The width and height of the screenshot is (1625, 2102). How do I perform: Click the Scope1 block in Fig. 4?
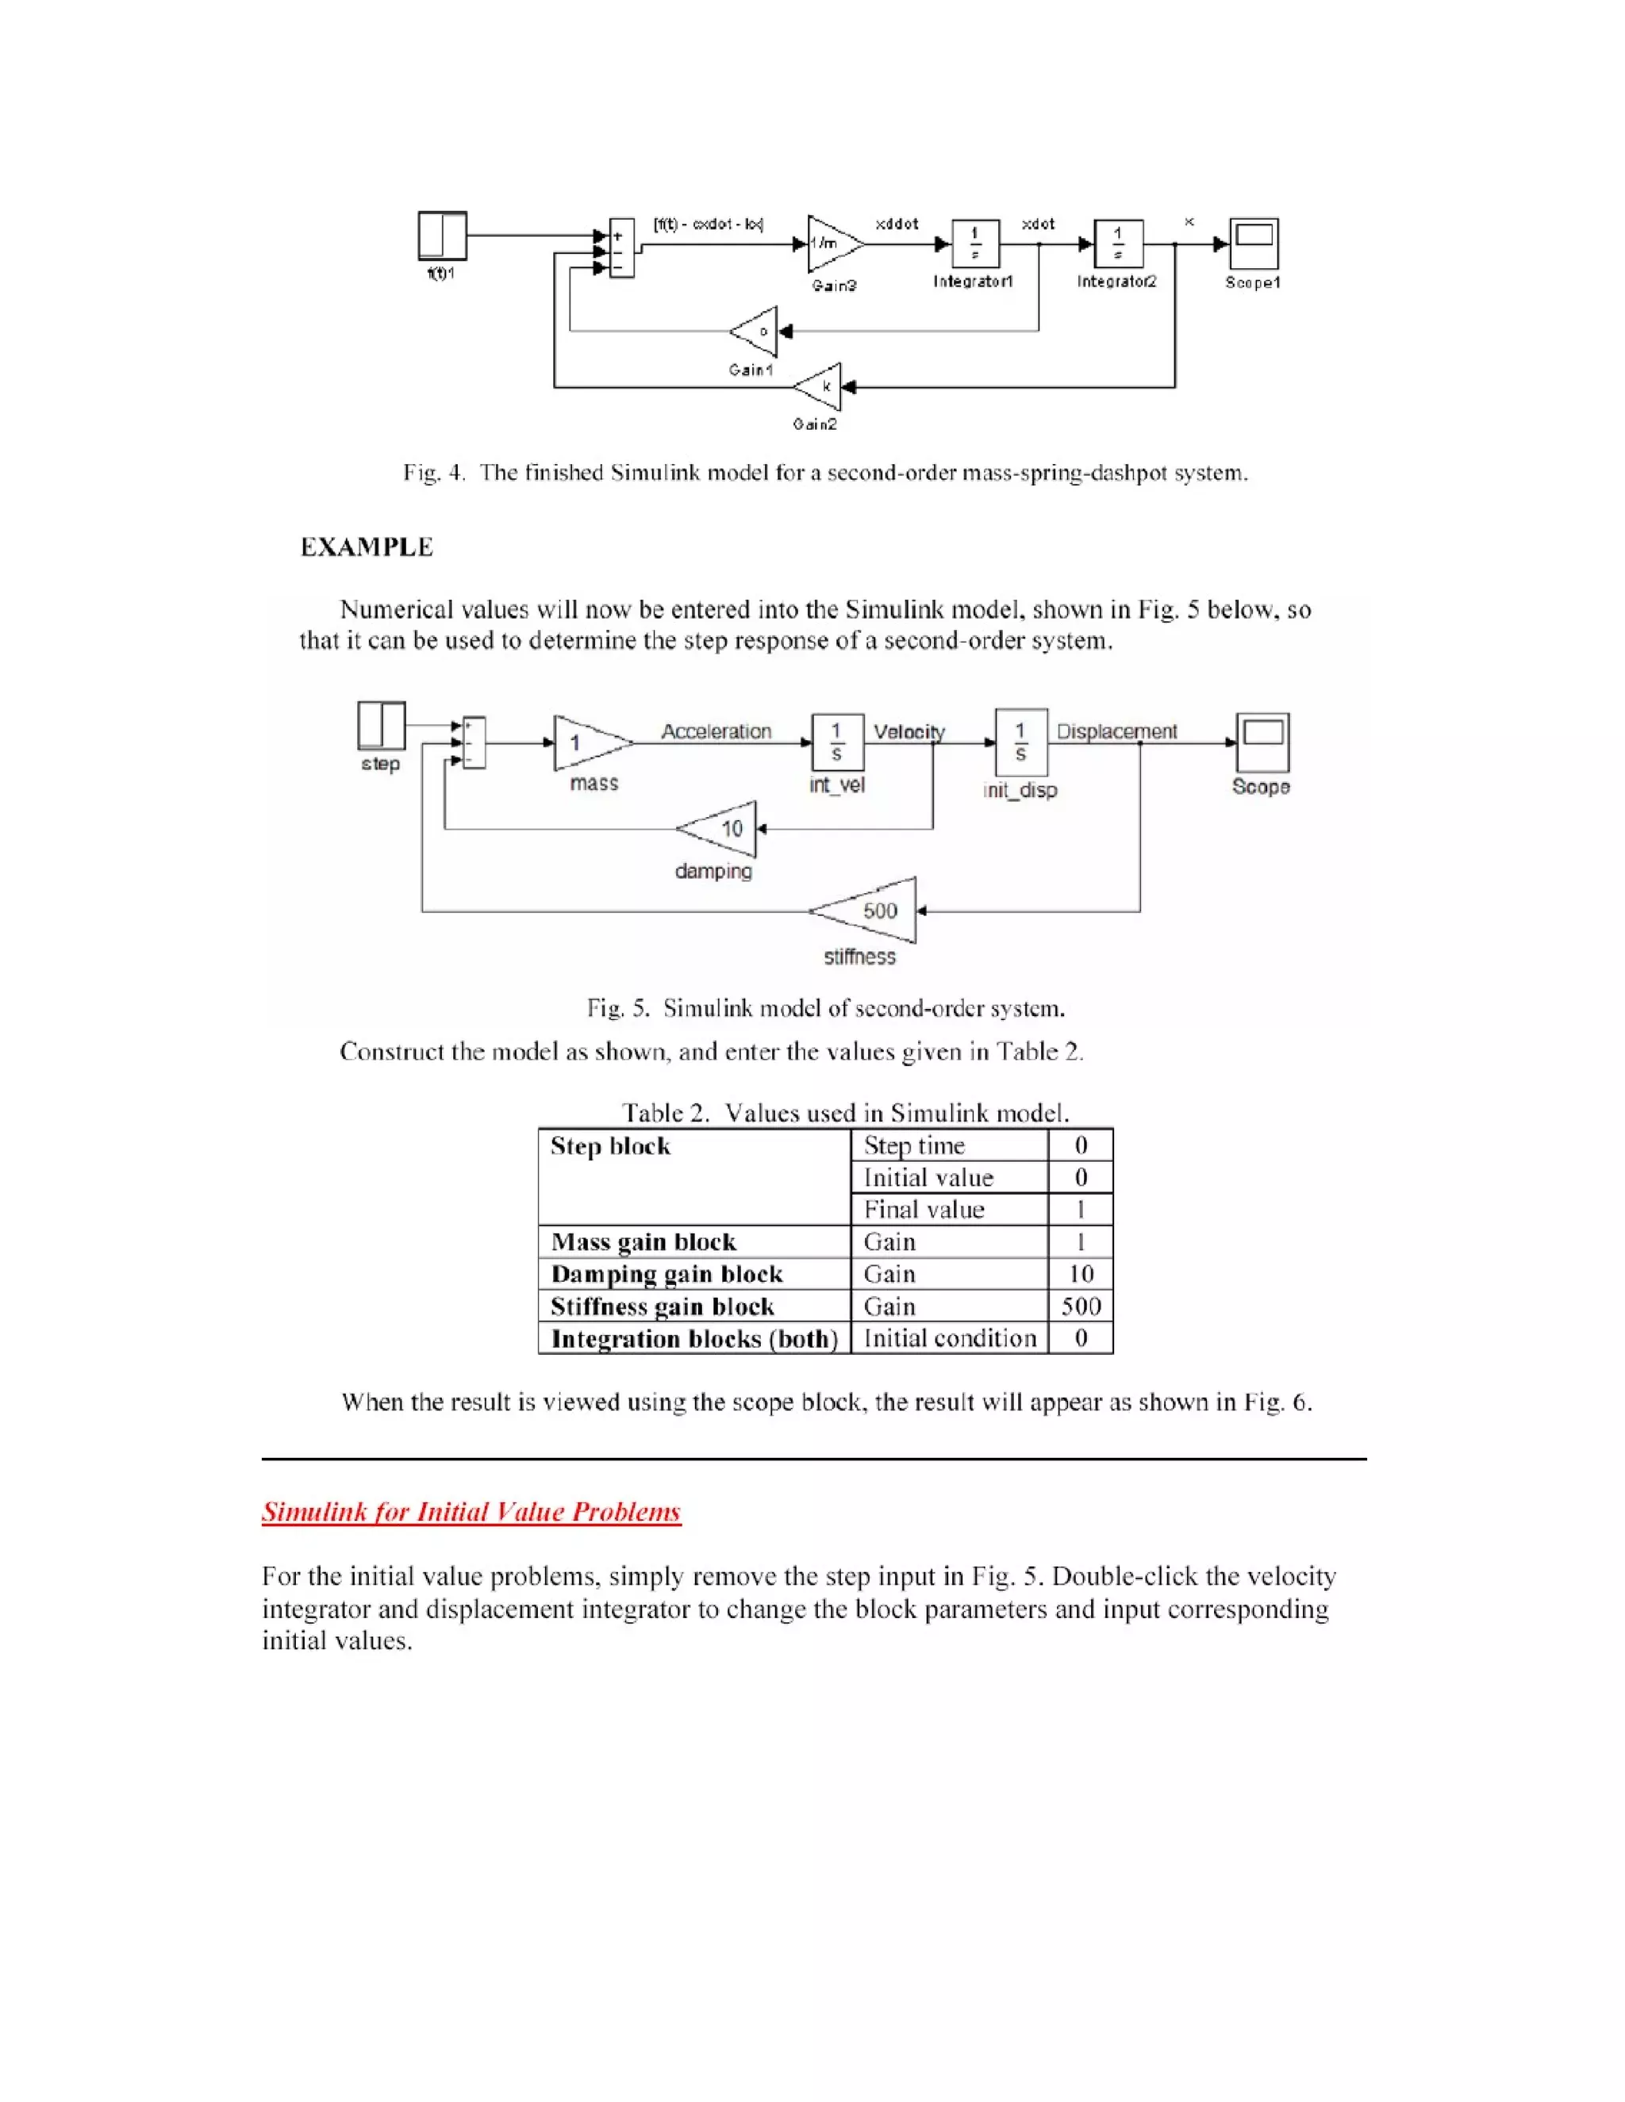point(1254,244)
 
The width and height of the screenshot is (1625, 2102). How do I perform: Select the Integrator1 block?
point(975,244)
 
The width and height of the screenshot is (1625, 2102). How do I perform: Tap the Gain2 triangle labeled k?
point(819,387)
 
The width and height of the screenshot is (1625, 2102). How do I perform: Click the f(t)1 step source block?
point(442,236)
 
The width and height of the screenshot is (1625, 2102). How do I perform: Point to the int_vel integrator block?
point(836,742)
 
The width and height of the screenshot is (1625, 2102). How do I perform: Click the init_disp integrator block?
point(1020,742)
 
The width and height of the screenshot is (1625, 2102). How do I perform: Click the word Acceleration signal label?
point(716,731)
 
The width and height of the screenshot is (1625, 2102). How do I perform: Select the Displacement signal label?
point(1116,731)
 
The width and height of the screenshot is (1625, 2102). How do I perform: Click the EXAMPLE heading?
point(367,547)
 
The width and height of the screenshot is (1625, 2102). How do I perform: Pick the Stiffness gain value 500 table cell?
point(1080,1306)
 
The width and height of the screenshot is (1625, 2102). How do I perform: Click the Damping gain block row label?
point(667,1275)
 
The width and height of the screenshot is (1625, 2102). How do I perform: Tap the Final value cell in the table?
point(924,1210)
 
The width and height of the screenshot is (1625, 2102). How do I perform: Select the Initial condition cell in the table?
point(949,1338)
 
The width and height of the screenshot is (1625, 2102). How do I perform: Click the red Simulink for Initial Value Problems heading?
point(471,1512)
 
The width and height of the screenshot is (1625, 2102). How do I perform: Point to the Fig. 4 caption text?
point(825,473)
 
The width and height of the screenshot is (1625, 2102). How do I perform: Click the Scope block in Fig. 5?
point(1262,742)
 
